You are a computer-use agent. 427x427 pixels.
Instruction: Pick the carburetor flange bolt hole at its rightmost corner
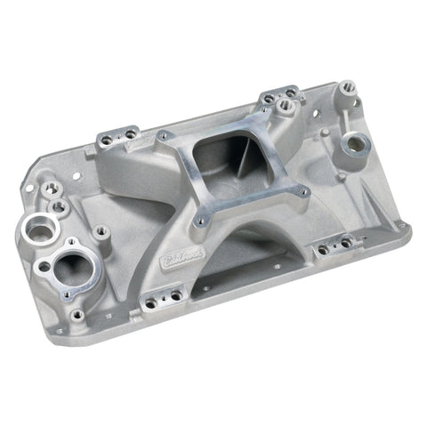tap(302, 191)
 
